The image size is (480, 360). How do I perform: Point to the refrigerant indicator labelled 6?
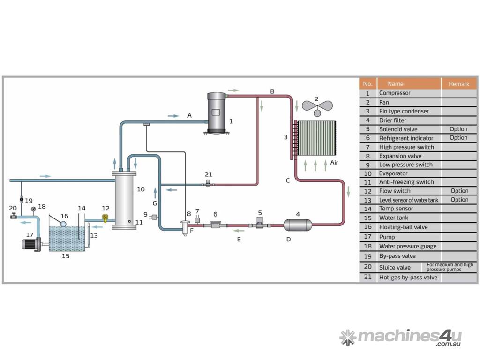(215, 225)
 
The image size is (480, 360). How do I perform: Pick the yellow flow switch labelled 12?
(105, 218)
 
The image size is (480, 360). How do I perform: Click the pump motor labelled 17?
(31, 244)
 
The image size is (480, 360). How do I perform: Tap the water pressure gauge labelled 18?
(33, 209)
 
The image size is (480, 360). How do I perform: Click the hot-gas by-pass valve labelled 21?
(208, 184)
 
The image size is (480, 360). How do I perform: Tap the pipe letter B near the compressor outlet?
(272, 91)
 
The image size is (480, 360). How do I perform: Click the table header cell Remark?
(458, 84)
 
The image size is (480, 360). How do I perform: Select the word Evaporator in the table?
(393, 173)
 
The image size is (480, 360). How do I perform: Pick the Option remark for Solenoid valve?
(458, 129)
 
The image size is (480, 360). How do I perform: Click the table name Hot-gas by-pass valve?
(408, 277)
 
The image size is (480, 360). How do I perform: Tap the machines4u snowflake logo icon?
(347, 337)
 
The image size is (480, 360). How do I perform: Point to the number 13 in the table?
(368, 200)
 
